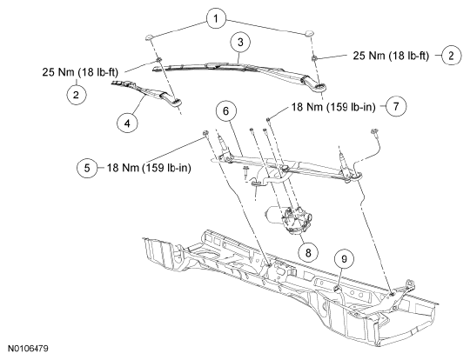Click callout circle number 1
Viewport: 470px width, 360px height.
point(216,18)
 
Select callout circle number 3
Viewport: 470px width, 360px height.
point(240,43)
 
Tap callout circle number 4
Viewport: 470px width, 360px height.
point(127,123)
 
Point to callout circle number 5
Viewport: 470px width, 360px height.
point(87,168)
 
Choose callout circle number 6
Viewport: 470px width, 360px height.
point(225,111)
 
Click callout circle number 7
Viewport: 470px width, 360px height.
point(396,106)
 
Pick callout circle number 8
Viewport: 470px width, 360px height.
point(308,252)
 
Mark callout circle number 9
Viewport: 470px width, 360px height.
point(344,258)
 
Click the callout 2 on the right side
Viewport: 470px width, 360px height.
point(451,56)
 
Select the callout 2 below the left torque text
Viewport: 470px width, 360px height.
point(76,95)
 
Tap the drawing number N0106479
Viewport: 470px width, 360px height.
point(28,349)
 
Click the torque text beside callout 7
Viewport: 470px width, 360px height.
point(333,107)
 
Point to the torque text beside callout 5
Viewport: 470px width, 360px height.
point(149,168)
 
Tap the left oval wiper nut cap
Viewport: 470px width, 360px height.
point(150,37)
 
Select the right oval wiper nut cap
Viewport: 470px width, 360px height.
point(309,33)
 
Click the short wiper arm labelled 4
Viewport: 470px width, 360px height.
point(147,92)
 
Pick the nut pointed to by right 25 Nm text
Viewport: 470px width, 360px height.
point(314,57)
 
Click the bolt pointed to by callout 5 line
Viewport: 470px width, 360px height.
point(205,134)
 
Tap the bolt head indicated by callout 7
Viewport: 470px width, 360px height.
point(268,120)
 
